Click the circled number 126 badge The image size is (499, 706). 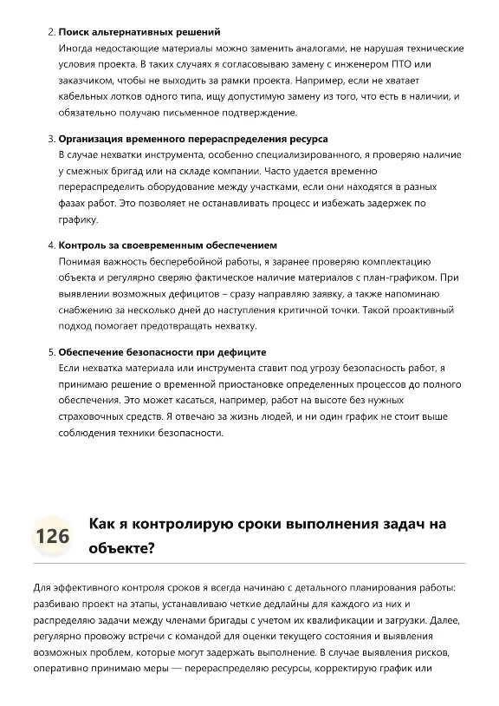[52, 536]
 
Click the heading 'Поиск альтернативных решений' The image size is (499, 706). [139, 32]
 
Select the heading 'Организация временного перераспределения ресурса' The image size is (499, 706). [192, 139]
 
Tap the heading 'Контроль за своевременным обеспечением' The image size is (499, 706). [167, 245]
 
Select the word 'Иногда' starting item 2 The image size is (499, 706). [76, 49]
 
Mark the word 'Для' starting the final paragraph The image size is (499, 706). [42, 588]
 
